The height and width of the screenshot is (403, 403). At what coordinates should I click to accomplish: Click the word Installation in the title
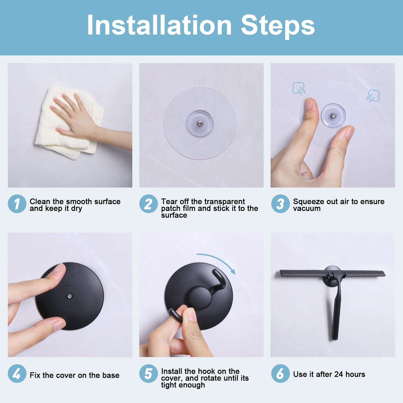click(159, 25)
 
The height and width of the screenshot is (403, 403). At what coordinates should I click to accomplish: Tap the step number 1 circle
click(17, 204)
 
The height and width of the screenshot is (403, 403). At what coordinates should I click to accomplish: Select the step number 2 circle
click(148, 204)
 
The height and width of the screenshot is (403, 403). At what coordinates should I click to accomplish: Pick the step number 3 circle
click(280, 204)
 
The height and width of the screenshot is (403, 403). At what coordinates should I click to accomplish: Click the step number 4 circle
click(17, 374)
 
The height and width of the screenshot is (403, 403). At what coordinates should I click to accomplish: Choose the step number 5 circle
click(148, 374)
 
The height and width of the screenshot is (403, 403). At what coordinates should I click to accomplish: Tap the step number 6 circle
click(280, 374)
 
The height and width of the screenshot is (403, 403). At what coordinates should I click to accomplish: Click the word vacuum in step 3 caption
click(307, 209)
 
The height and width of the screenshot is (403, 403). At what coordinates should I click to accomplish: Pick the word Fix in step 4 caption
click(35, 375)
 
